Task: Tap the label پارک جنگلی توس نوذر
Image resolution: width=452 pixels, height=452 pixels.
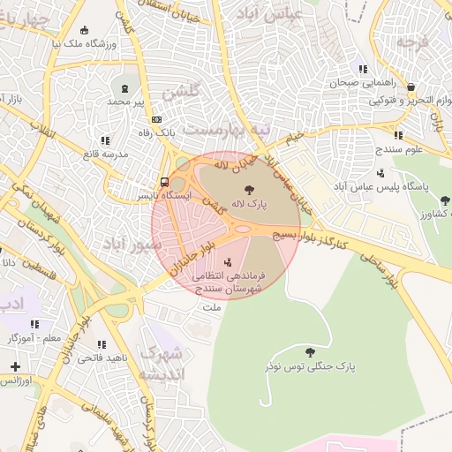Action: tap(308, 365)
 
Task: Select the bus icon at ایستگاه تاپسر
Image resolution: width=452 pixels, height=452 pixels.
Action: tap(166, 183)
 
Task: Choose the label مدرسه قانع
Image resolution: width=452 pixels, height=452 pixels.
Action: tap(105, 154)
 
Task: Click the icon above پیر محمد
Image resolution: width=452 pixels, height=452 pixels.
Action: tap(124, 88)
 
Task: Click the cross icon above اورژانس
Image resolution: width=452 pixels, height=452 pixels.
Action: tap(15, 365)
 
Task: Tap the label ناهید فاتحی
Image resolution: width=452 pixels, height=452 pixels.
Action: tap(102, 358)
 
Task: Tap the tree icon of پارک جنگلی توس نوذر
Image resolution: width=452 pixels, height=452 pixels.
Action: tap(308, 351)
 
